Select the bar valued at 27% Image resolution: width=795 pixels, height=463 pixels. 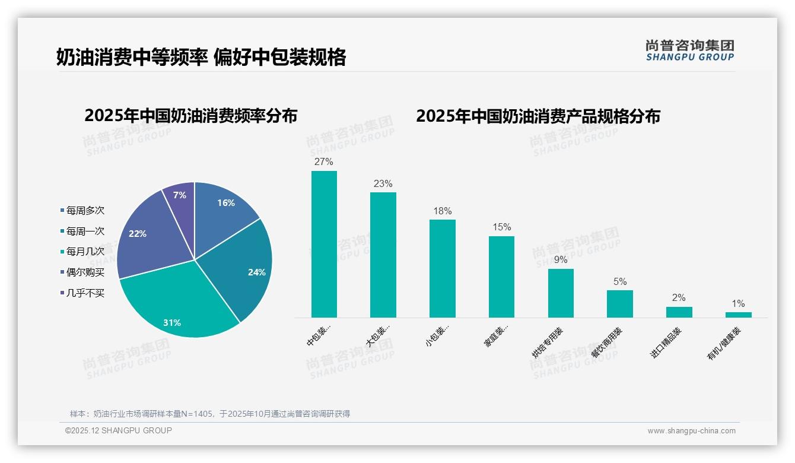(324, 244)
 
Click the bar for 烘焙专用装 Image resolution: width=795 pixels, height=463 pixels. (561, 293)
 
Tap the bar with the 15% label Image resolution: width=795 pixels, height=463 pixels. (501, 277)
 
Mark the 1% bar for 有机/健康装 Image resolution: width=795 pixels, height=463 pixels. (738, 315)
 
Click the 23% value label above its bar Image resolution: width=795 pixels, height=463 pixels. (383, 184)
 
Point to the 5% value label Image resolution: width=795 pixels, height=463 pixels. (620, 282)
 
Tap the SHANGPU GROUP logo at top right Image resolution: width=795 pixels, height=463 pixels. (689, 50)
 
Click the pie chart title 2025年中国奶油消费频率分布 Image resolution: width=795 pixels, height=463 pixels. (190, 116)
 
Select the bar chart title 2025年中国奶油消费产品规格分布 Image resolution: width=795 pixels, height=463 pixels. (538, 116)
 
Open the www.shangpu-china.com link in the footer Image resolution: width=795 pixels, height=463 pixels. (691, 431)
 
